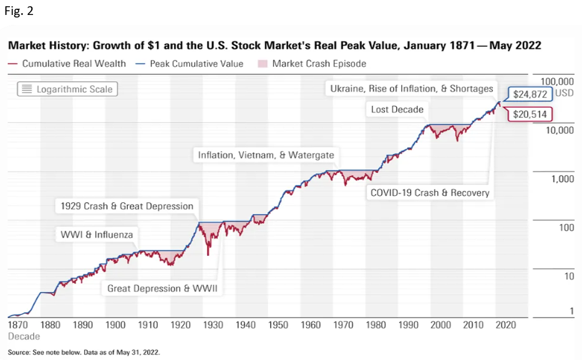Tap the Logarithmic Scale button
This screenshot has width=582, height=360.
[x=67, y=89]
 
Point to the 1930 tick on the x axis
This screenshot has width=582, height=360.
[x=213, y=325]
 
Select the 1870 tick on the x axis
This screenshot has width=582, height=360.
[x=18, y=325]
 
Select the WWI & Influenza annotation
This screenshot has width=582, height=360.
[x=96, y=235]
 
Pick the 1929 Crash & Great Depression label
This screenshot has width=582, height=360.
[x=127, y=206]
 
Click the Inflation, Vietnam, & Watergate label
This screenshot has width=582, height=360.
[x=266, y=155]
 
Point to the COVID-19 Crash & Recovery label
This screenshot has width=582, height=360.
[x=430, y=192]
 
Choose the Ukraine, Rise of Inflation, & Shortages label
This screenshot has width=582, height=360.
[x=412, y=89]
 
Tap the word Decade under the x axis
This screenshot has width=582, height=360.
[x=23, y=336]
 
